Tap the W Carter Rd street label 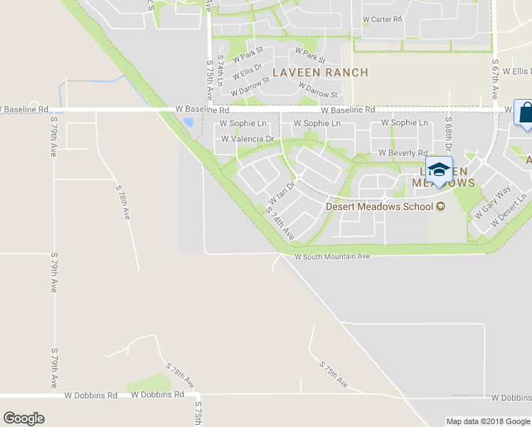[x=383, y=19]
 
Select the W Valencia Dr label [x=248, y=139]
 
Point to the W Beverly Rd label [x=403, y=153]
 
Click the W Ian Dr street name [x=281, y=193]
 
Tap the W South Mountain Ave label [x=332, y=256]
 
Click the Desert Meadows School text [x=379, y=207]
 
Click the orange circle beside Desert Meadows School [x=440, y=207]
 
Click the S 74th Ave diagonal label [x=280, y=222]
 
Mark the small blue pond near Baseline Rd [x=187, y=122]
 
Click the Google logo [x=23, y=418]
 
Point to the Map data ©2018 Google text [x=487, y=421]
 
